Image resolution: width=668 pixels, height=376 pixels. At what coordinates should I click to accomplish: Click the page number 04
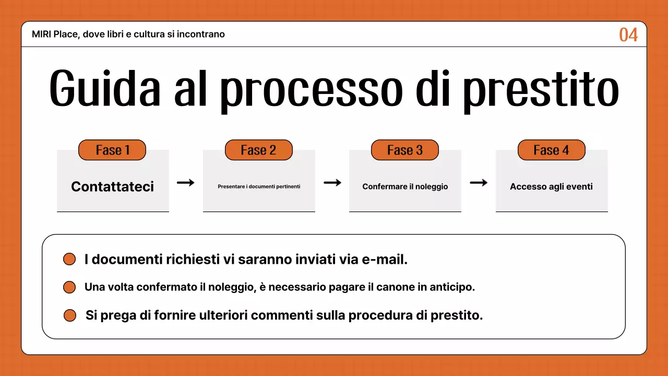point(628,35)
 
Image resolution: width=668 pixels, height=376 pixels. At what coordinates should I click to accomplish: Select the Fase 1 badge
point(112,150)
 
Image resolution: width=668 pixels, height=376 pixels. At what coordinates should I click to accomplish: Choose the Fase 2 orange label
point(258,150)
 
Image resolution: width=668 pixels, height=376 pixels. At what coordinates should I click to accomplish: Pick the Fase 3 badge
point(404,150)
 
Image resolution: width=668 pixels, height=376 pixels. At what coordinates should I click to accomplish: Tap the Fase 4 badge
point(551,150)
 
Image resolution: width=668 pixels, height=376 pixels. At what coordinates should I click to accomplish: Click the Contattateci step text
point(112,186)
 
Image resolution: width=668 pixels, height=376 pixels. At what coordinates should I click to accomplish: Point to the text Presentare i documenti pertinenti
point(259,186)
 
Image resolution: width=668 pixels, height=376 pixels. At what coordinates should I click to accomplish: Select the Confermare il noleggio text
point(405,186)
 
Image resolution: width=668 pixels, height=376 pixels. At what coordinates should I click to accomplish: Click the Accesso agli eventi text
point(551,186)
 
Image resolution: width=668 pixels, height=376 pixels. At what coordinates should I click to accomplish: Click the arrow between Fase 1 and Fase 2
point(185,182)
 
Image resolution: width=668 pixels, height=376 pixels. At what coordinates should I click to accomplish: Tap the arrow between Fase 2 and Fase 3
point(332,182)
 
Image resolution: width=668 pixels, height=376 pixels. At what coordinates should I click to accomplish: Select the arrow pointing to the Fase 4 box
point(479,182)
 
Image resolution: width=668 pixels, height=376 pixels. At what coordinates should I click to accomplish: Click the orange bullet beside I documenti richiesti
point(69,260)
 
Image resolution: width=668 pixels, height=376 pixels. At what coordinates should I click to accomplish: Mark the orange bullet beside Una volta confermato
point(69,287)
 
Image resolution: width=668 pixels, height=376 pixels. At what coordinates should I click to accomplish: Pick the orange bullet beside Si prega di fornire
point(70,315)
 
